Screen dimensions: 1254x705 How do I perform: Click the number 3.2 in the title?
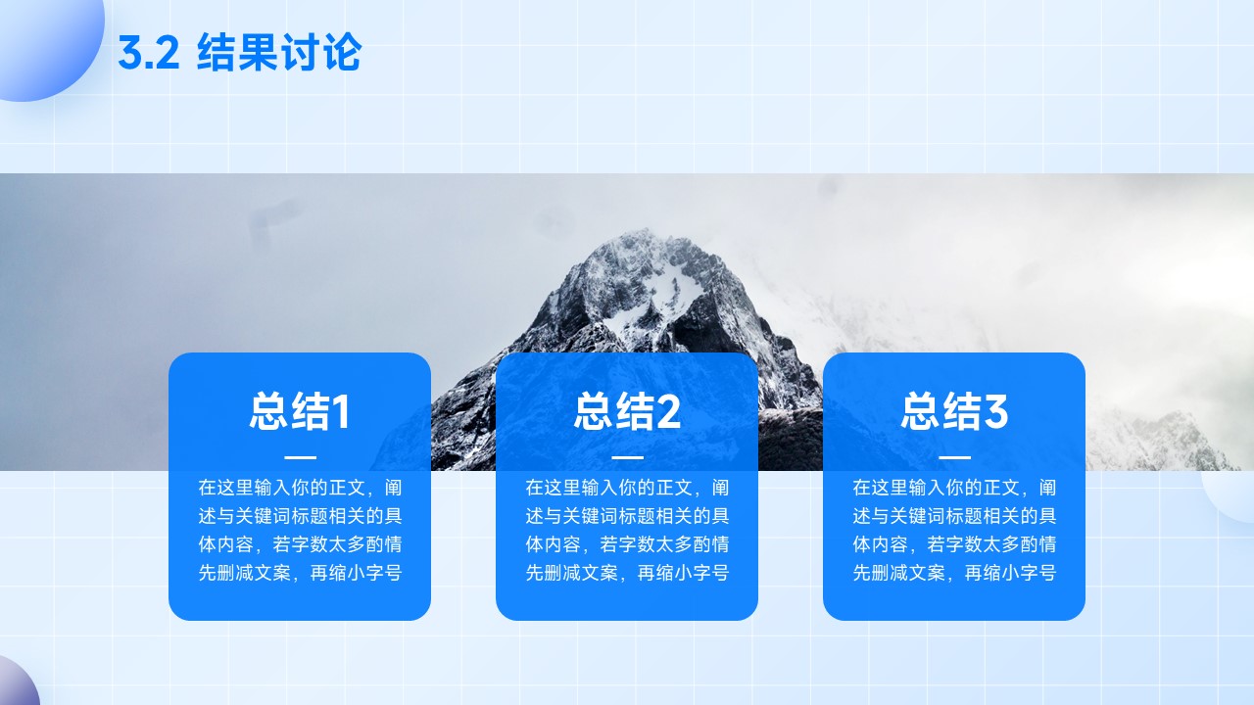[x=148, y=53]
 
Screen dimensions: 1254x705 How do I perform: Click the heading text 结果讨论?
[x=279, y=52]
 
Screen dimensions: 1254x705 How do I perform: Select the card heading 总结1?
[x=300, y=411]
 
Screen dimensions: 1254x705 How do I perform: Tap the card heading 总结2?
[x=627, y=411]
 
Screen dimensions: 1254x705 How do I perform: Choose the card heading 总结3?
[x=954, y=411]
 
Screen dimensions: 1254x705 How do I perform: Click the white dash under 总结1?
[x=300, y=457]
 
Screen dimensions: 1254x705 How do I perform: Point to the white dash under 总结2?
[x=628, y=457]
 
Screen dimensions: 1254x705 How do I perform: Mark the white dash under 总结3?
[x=954, y=457]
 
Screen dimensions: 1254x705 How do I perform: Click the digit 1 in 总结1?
[x=340, y=411]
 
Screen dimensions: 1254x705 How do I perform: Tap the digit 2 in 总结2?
[x=668, y=411]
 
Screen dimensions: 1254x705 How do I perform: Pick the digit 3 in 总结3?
[x=996, y=411]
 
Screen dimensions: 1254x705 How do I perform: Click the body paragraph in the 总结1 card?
[x=300, y=530]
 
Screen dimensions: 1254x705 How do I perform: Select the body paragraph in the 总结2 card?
[x=627, y=530]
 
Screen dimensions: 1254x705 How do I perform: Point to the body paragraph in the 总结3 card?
[x=954, y=530]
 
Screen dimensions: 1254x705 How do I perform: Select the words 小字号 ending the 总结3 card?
[x=1029, y=573]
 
